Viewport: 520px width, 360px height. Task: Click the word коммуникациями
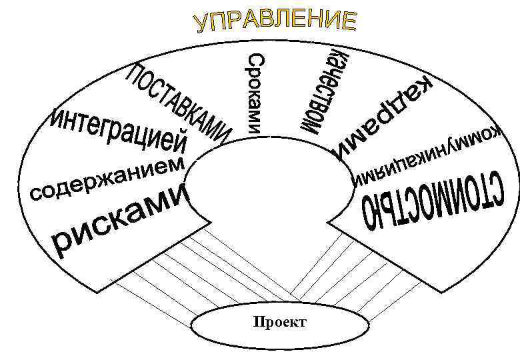click(x=427, y=157)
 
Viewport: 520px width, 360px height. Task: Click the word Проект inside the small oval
click(x=280, y=323)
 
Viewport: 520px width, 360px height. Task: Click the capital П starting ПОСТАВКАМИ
click(x=137, y=75)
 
